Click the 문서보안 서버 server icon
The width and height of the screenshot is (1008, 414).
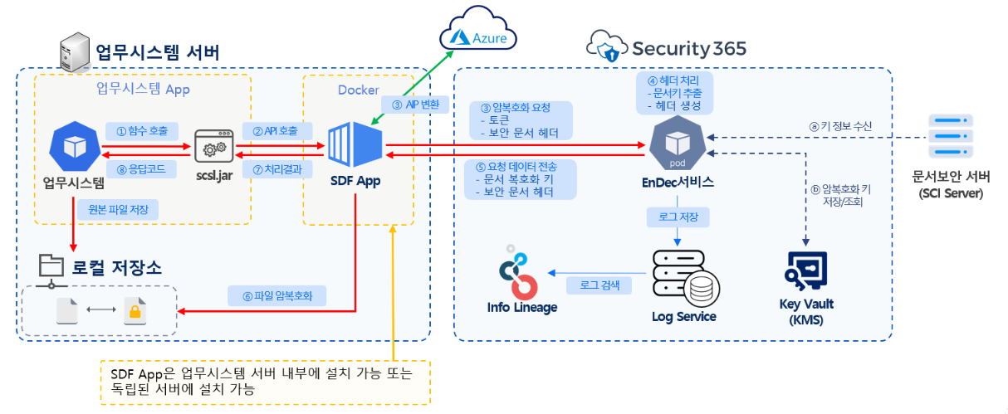[x=951, y=138]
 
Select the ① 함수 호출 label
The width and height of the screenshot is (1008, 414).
[x=141, y=130]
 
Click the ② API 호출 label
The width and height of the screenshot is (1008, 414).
[x=277, y=130]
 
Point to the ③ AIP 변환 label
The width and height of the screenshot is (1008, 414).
[x=416, y=105]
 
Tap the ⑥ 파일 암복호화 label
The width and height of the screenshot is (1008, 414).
[x=277, y=295]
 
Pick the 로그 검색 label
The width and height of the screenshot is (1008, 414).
[x=598, y=285]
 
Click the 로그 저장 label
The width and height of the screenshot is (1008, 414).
[x=678, y=217]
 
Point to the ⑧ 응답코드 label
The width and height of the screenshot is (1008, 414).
[x=141, y=168]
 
